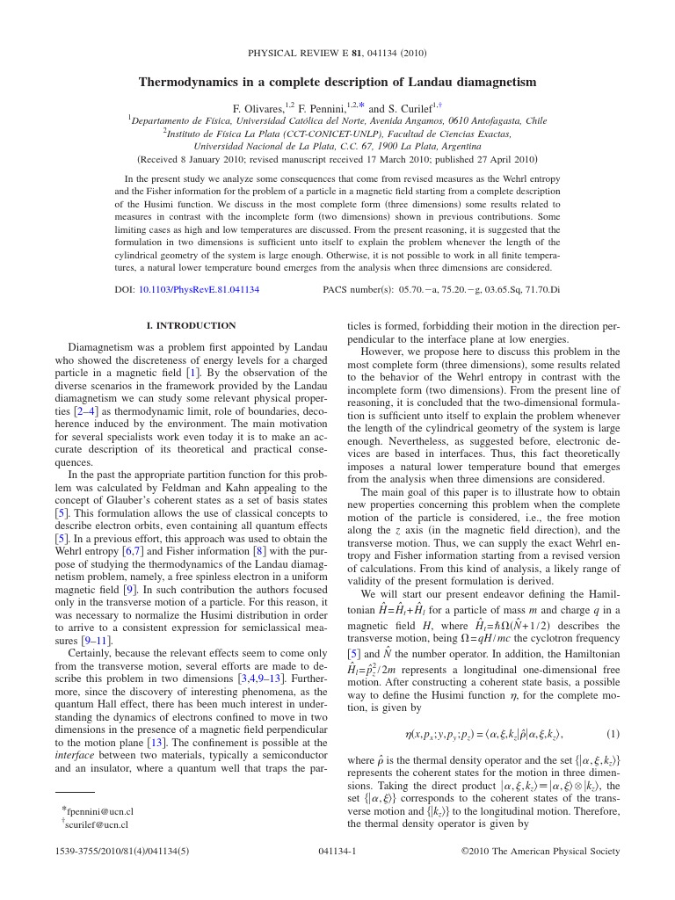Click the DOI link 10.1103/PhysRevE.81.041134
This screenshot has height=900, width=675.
[203, 289]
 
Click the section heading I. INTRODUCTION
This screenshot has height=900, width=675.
[191, 325]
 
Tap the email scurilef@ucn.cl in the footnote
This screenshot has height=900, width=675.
[98, 824]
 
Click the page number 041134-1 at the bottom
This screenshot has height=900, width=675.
[337, 852]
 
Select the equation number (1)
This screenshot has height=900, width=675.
[613, 734]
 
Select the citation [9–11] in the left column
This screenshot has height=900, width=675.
[95, 641]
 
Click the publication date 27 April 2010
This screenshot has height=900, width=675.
[498, 160]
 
